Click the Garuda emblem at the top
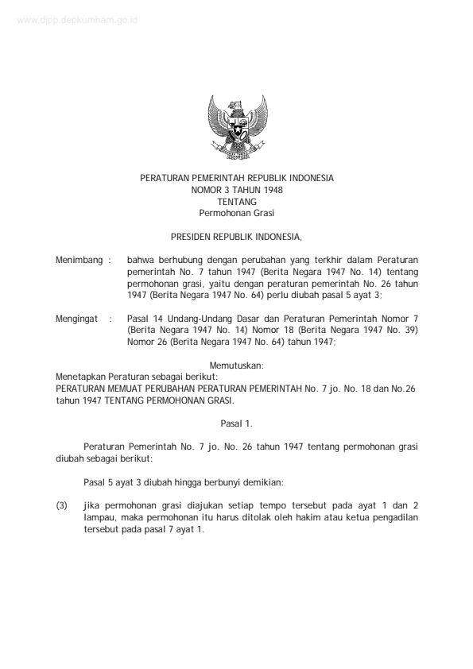pos(236,128)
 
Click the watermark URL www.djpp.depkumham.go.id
pos(76,21)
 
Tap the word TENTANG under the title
pos(236,202)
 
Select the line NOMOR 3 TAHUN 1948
pos(236,190)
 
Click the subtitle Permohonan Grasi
pos(236,213)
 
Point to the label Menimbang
pos(76,260)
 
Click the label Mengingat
pos(75,319)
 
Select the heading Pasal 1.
pos(236,423)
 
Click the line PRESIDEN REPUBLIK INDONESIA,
pos(236,236)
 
